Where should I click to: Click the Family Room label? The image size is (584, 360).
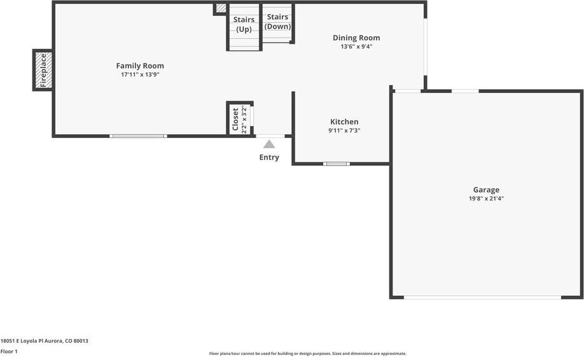[140, 66]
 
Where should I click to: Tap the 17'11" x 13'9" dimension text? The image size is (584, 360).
[140, 74]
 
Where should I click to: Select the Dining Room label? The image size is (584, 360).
[356, 38]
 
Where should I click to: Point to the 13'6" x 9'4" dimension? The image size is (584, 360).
[356, 46]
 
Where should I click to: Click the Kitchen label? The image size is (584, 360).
[345, 121]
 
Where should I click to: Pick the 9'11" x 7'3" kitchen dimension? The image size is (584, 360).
[345, 130]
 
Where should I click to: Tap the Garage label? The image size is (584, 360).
[487, 190]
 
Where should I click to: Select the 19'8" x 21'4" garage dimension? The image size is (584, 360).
[487, 198]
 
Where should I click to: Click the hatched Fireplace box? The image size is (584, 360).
[43, 70]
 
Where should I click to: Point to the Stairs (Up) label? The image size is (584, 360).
[244, 24]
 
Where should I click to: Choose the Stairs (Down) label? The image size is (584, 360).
[277, 22]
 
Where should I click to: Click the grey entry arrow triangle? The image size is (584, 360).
[269, 144]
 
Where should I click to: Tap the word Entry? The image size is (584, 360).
[269, 157]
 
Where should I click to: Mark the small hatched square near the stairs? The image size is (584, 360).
[221, 8]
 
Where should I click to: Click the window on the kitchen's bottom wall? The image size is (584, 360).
[337, 163]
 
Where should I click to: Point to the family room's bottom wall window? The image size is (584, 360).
[138, 136]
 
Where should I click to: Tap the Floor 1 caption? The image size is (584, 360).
[9, 352]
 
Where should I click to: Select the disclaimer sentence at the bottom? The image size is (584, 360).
[308, 354]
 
